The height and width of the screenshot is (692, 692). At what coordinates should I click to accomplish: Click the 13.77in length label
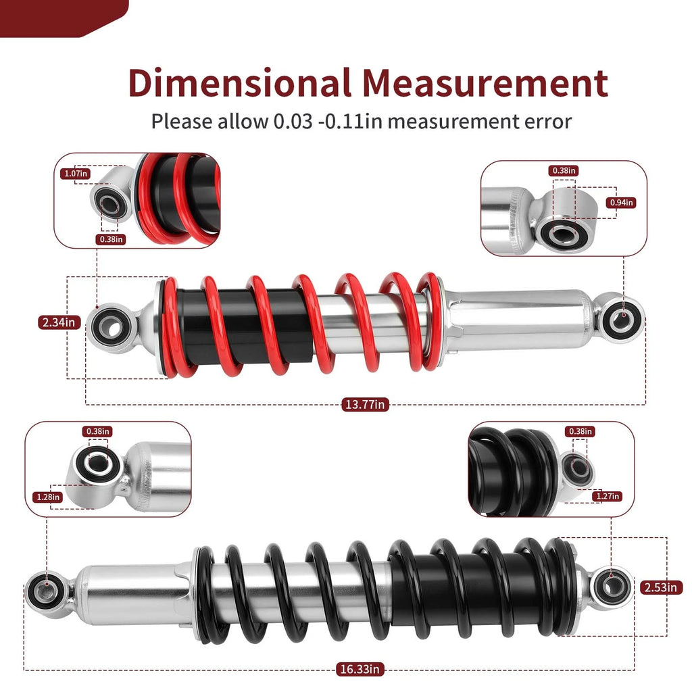click(x=364, y=404)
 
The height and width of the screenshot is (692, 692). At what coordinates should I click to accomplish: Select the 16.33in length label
click(x=360, y=669)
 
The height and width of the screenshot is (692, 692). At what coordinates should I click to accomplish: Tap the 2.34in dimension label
click(x=59, y=322)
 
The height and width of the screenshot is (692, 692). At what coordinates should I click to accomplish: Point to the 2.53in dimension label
click(x=661, y=587)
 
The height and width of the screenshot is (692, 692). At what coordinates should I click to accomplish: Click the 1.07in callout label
click(x=76, y=174)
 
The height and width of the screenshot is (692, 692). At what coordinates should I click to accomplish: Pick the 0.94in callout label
click(x=622, y=203)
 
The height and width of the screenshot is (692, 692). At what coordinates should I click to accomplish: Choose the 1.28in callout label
click(x=48, y=497)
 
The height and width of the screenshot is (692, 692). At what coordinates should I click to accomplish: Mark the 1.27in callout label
click(x=608, y=496)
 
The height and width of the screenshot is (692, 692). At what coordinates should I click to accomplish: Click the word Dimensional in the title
click(x=240, y=83)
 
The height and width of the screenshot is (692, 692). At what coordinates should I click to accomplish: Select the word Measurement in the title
click(x=485, y=83)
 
